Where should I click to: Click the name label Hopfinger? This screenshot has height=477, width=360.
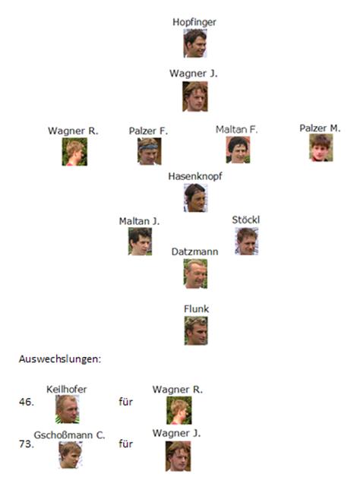coord(194,22)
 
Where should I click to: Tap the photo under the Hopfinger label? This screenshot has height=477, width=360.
coord(195,43)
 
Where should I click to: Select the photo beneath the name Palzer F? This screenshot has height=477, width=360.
coord(149,151)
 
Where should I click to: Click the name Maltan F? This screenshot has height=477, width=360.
coord(236,130)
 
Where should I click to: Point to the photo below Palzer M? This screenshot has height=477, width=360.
coord(321,147)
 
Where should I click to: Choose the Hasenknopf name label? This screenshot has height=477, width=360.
coord(195,176)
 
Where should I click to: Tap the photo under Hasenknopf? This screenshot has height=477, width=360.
coord(195,197)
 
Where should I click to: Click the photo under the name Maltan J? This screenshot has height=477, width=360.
coord(140,242)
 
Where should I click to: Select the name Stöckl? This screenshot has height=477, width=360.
coord(246,220)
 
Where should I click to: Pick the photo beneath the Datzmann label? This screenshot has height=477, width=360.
coord(195,273)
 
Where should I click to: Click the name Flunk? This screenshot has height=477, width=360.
coord(196,309)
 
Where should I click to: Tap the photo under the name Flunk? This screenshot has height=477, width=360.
coord(196,330)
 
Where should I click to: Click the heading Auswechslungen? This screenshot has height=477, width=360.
coord(60,359)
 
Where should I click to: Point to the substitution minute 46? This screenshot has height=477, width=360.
coord(27,402)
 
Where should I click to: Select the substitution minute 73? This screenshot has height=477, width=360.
coord(27,444)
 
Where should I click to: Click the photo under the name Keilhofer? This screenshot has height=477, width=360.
coord(68,409)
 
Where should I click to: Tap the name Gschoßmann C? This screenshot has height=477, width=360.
coord(69,435)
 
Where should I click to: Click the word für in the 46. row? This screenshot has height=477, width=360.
coord(125,402)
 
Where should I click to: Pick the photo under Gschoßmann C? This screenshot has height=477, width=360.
coord(71,455)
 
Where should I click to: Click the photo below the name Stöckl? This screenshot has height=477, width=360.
coord(247,242)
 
